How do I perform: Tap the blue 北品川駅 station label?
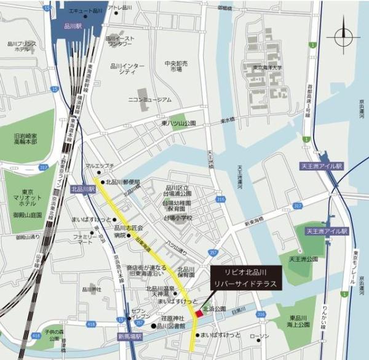click(x=82, y=190)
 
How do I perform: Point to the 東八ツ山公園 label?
click(x=178, y=123)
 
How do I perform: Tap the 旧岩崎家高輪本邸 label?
click(x=26, y=138)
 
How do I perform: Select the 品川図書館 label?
click(x=170, y=326)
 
